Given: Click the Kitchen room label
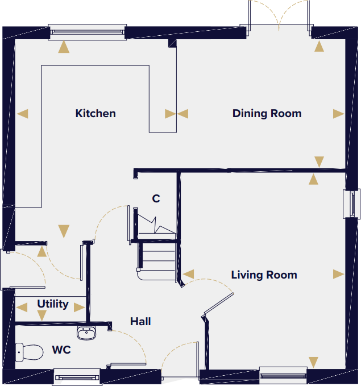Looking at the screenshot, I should [x=96, y=114].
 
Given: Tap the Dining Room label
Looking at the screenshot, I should [x=267, y=114].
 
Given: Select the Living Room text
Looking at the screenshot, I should [x=264, y=275].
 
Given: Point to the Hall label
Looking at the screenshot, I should [x=140, y=322].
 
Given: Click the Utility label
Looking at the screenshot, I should [x=53, y=304].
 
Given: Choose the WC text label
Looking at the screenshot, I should [x=61, y=350].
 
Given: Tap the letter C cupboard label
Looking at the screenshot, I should [x=156, y=199].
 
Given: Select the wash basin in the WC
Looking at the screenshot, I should [x=86, y=333].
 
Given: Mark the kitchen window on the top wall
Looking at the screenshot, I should [x=88, y=31].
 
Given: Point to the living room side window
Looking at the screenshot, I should [x=352, y=204].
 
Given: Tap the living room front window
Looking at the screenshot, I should [x=283, y=375].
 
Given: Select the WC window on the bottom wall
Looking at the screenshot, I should [x=77, y=376].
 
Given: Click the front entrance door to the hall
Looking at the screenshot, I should [x=179, y=364].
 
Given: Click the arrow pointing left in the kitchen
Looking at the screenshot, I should [x=22, y=114].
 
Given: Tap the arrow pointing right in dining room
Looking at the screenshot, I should [x=339, y=114].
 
